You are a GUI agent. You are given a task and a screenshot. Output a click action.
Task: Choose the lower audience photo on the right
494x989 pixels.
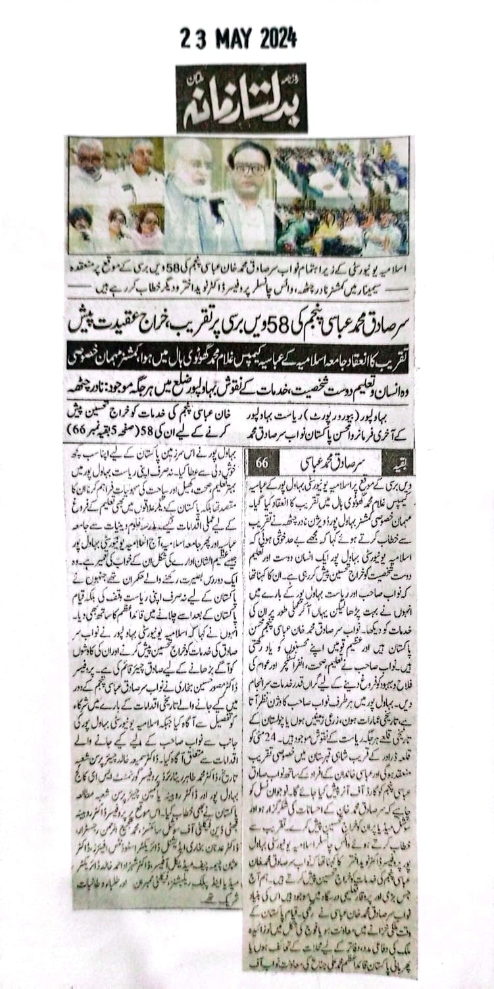(342, 227)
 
